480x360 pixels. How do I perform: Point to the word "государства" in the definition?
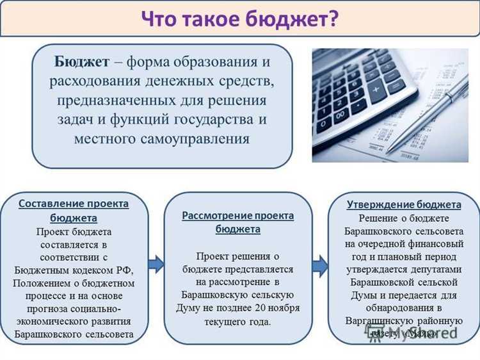(212, 120)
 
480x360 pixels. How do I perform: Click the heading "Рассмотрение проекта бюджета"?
(237, 222)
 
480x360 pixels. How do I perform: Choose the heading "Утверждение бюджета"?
(404, 204)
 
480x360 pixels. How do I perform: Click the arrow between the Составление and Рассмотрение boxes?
(156, 263)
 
